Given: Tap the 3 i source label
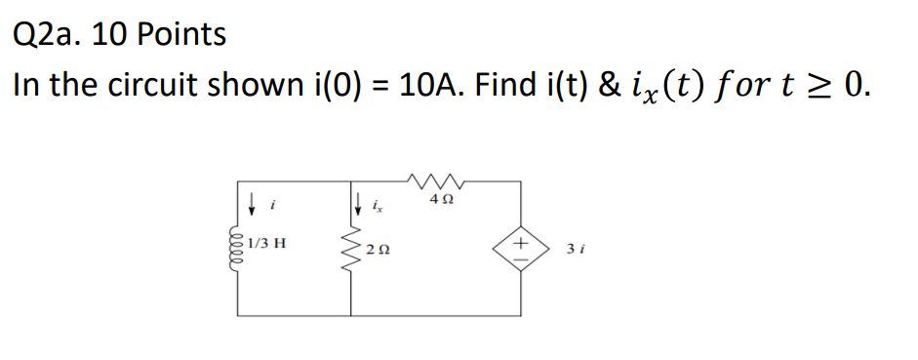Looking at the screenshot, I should click(573, 251).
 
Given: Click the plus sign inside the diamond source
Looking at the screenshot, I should click(519, 240).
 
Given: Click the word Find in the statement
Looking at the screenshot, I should click(503, 86).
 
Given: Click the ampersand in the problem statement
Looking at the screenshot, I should click(604, 86).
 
